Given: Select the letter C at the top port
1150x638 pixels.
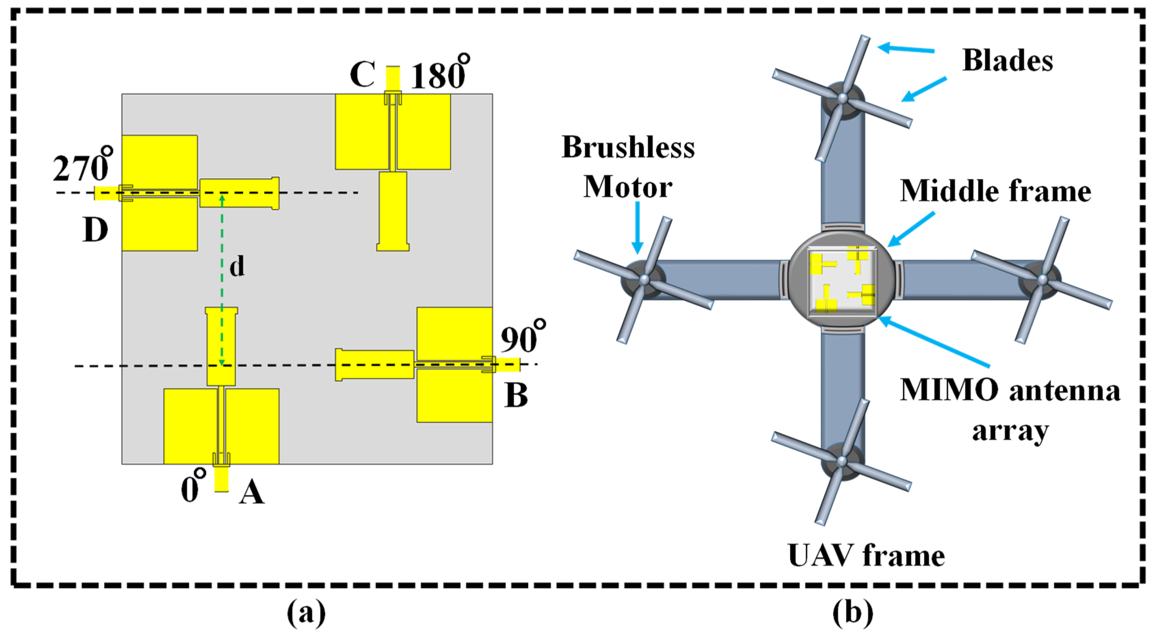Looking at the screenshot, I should tap(362, 74).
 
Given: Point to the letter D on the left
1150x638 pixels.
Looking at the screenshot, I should tap(95, 230).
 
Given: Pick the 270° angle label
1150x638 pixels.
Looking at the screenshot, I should tap(83, 166).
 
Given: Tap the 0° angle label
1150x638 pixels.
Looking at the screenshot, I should tap(193, 487).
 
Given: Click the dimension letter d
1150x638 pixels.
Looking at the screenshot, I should tap(237, 267).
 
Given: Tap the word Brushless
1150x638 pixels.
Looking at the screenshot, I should tap(628, 147).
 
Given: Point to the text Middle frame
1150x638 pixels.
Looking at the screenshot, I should tap(995, 192).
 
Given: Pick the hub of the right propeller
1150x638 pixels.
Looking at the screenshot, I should tap(1042, 280).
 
